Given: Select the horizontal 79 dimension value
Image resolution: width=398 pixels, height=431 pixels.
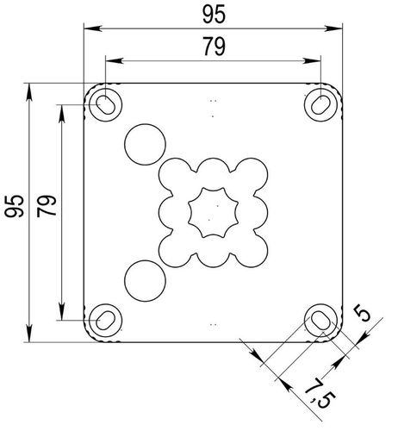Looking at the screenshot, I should tap(212, 48).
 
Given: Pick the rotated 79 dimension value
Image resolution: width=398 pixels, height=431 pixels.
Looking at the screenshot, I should tap(48, 206).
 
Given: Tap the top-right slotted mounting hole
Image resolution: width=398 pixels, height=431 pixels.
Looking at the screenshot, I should tap(318, 103).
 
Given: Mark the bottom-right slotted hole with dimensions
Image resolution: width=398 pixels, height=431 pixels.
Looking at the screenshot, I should tap(318, 320).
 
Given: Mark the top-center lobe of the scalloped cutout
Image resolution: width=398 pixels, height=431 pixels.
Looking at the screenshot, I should tap(212, 171).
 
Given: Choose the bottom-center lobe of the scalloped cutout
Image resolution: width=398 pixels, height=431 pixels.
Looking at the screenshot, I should tap(212, 253).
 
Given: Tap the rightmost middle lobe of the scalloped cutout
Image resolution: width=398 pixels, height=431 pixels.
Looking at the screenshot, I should tap(254, 211).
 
